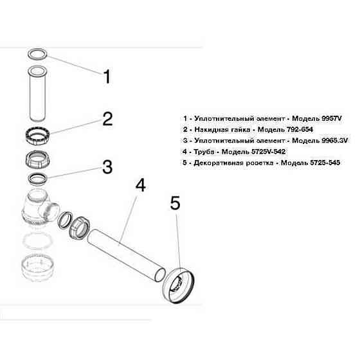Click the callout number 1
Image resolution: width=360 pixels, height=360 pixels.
tap(107, 77)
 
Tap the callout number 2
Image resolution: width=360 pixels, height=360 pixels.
tap(107, 118)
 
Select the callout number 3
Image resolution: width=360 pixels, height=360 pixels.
tap(107, 167)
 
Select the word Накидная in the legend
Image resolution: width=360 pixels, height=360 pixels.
tap(209, 129)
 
